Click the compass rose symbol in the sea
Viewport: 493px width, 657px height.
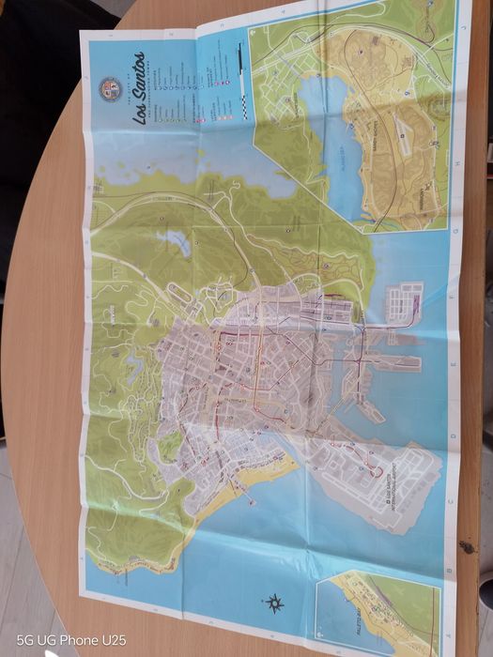(275, 602)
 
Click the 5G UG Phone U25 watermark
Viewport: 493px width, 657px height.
(70, 639)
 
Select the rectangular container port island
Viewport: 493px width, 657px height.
(404, 301)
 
